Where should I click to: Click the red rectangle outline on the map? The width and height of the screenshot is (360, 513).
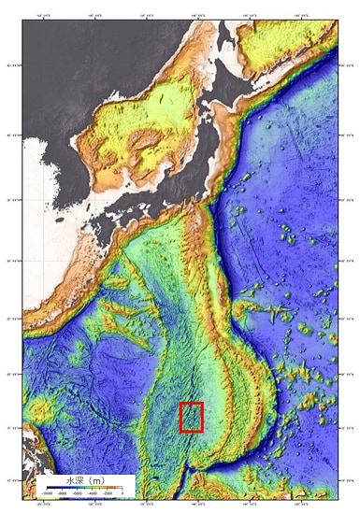(x=192, y=417)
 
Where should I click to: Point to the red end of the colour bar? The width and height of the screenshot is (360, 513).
(x=121, y=489)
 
